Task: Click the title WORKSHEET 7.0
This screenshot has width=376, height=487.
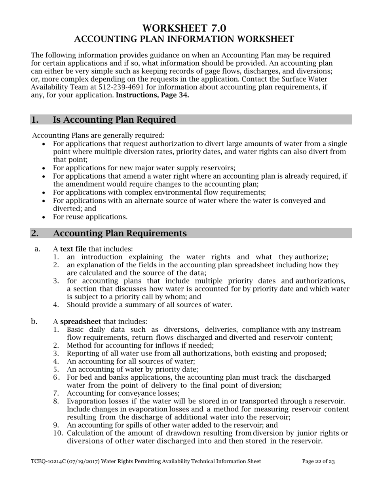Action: [x=184, y=28]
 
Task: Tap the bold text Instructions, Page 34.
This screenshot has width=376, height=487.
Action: [x=152, y=95]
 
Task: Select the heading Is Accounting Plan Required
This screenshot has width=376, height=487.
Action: [x=114, y=120]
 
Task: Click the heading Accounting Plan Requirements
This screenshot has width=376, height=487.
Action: [x=120, y=233]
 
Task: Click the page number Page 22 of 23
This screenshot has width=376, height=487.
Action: [x=318, y=461]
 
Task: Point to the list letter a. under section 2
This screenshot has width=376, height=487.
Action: [x=38, y=249]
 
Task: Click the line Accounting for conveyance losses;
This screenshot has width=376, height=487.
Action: [x=123, y=393]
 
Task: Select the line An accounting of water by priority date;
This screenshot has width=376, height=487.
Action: [x=132, y=369]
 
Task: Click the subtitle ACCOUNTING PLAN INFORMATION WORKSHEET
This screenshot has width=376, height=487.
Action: [x=184, y=39]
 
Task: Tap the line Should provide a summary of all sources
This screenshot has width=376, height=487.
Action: [x=149, y=305]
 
